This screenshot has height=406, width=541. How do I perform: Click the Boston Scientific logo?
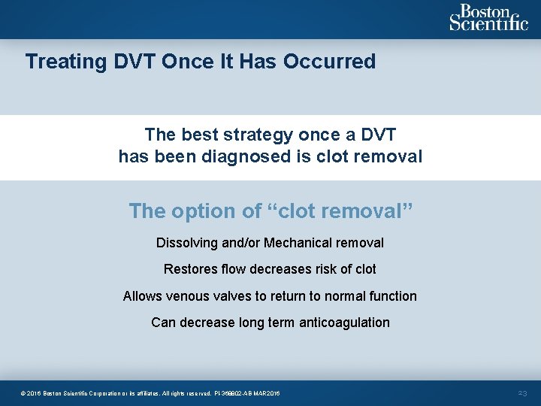point(488,18)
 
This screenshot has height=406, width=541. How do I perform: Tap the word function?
point(392,296)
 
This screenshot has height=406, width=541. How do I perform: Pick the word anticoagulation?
point(344,323)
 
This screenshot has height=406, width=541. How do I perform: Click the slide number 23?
point(524,393)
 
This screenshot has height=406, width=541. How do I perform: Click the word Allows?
point(141,296)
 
